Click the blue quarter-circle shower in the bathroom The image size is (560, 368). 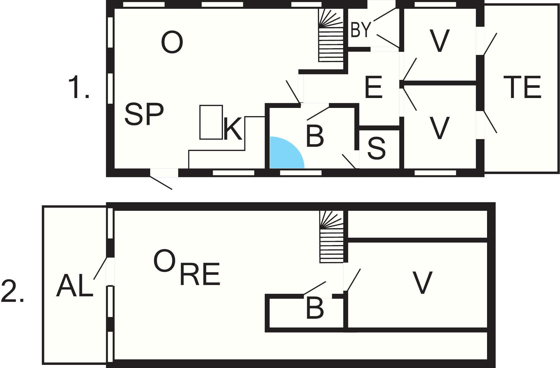tap(286, 153)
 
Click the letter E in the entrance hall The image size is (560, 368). tap(373, 87)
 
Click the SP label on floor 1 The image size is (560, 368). tap(144, 114)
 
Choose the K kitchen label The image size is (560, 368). tap(233, 129)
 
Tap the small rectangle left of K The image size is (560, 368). tap(211, 122)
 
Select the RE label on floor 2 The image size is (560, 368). tap(200, 274)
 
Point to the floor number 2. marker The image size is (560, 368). tap(12, 291)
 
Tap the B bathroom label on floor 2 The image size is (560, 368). tap(315, 308)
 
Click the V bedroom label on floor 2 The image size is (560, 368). tap(422, 283)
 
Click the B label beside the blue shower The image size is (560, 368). tap(315, 137)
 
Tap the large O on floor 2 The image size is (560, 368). tap(164, 261)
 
